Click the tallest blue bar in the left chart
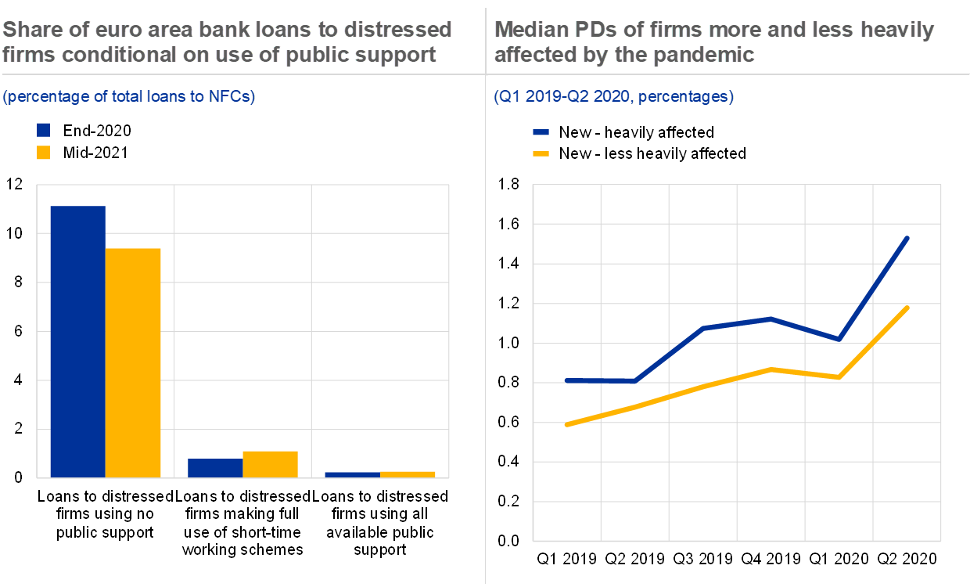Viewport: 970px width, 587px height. pos(77,341)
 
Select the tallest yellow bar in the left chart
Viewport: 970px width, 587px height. pos(133,362)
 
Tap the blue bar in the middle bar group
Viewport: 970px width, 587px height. pos(215,467)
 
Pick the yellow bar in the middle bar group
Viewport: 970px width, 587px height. pos(270,463)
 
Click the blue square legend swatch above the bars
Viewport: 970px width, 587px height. pos(44,130)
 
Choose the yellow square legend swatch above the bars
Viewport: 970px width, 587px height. pos(44,153)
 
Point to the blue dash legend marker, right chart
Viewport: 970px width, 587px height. pos(541,133)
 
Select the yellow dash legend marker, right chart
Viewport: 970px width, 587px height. pos(541,153)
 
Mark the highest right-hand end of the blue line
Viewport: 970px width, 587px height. pos(907,237)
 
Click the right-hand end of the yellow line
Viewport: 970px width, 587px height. pos(907,308)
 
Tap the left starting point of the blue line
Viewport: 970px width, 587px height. pos(566,381)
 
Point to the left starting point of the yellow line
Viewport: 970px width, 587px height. pos(566,424)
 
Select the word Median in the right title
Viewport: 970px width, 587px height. pos(530,30)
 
